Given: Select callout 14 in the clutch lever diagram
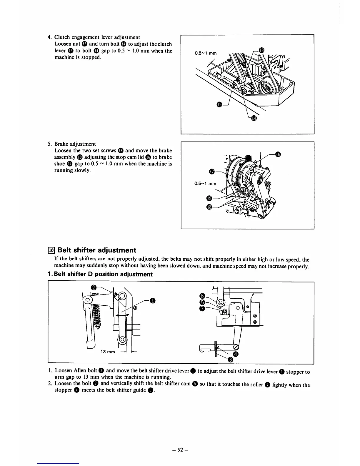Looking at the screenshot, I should click(x=254, y=118).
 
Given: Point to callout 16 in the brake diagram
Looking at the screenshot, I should click(x=278, y=154).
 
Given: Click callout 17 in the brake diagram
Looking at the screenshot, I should click(x=211, y=171).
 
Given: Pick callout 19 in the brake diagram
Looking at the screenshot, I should click(x=209, y=197).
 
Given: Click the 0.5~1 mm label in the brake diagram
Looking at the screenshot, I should click(x=205, y=184).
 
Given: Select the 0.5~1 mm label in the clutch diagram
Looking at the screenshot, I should click(x=206, y=54).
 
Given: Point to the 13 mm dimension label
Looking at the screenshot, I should click(x=108, y=352).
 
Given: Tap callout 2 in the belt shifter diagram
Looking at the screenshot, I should click(x=94, y=287).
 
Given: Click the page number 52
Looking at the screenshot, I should click(x=180, y=450).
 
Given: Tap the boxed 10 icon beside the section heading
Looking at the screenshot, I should click(x=51, y=250).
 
